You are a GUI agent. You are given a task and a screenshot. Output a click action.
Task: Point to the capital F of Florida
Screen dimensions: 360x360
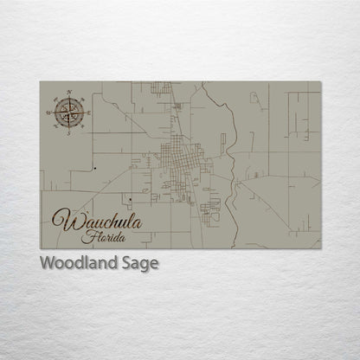point(86,235)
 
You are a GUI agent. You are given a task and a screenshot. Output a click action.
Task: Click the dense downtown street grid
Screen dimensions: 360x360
point(179,164)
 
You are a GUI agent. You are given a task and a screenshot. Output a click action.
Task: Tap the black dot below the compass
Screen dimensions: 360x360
point(91,165)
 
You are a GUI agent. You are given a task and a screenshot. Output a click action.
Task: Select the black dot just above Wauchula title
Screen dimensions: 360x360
point(129,200)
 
